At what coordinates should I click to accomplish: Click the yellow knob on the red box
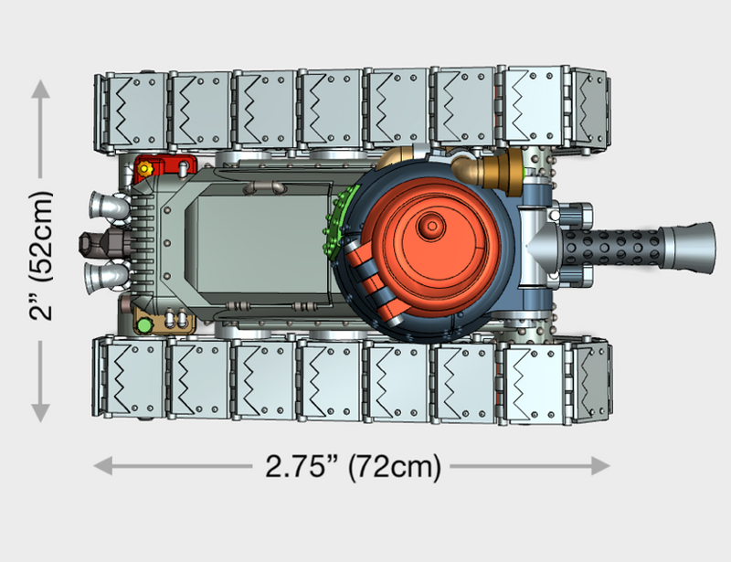143,170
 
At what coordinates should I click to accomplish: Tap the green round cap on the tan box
143,323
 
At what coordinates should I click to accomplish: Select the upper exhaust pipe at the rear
107,207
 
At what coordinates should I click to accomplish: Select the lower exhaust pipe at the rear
107,273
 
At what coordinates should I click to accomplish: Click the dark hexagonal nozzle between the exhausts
96,241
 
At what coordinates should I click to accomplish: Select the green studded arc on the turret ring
340,219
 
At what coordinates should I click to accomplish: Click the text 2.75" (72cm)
353,466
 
